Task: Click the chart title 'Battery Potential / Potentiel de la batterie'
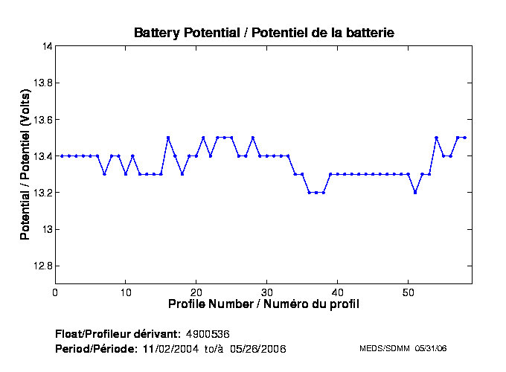point(264,33)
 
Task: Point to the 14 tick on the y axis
point(47,46)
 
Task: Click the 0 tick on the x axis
point(55,292)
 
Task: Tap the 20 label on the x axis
point(196,292)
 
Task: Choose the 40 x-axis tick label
point(338,292)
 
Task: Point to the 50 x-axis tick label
point(409,292)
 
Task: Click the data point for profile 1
point(63,155)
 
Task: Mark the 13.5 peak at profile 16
point(168,138)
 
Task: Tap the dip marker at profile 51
point(415,192)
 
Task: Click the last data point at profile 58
point(465,138)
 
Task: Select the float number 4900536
point(212,333)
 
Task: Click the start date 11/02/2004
point(170,348)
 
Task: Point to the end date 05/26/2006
point(257,348)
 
